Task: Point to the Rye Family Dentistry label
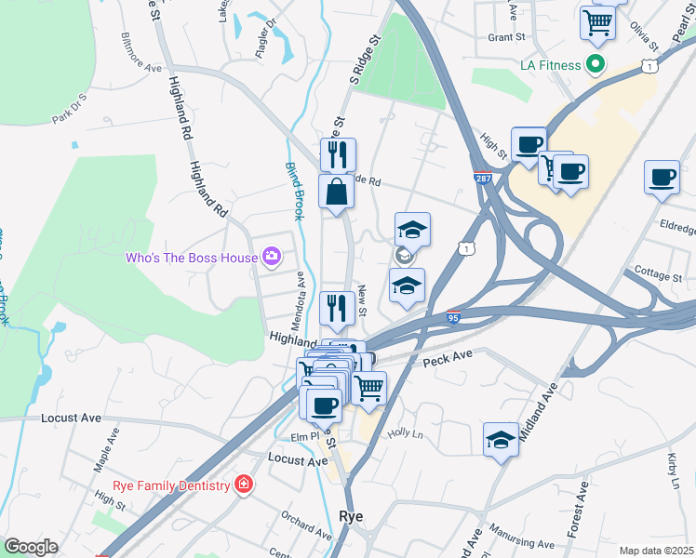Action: (x=171, y=485)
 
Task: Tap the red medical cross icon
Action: (x=243, y=485)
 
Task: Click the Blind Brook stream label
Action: (x=294, y=190)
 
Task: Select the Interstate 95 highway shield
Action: (x=453, y=317)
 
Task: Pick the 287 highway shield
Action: (x=482, y=179)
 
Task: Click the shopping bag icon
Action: (x=336, y=192)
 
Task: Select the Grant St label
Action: (x=507, y=38)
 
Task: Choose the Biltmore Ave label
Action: (x=141, y=55)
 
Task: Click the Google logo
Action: (x=31, y=547)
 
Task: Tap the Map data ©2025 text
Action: (x=657, y=551)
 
